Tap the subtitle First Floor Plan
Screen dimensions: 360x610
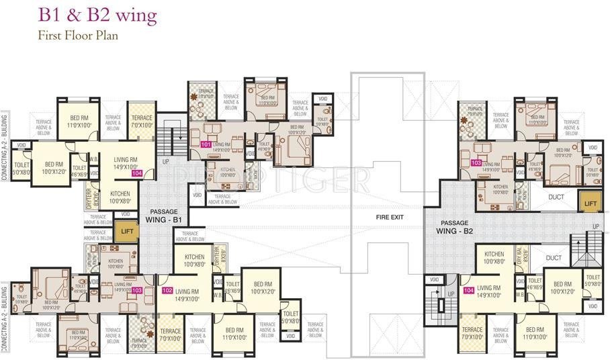[78, 36]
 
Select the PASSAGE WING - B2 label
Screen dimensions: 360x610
[455, 226]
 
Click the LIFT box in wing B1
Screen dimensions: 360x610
[126, 231]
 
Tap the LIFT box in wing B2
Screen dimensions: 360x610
[590, 203]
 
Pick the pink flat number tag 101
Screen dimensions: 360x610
[206, 144]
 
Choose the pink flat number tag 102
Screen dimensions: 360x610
[168, 290]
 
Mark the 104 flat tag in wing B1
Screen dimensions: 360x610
[137, 173]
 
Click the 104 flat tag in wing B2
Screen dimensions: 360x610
[468, 291]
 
